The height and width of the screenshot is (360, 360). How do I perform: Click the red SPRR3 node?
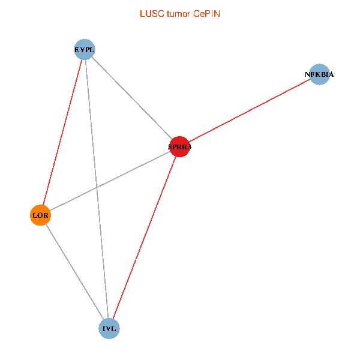(x=179, y=146)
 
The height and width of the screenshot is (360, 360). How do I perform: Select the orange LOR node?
(x=40, y=215)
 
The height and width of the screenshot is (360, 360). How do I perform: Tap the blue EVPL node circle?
(x=85, y=49)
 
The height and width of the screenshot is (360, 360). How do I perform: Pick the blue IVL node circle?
(x=109, y=328)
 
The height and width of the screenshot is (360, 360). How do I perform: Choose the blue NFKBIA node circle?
(x=319, y=74)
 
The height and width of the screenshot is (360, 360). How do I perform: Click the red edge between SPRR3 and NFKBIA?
(x=249, y=110)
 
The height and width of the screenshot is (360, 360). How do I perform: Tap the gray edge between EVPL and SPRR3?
(x=132, y=98)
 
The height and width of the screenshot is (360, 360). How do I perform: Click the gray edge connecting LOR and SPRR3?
(x=110, y=181)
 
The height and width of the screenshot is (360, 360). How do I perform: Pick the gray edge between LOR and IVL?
(x=75, y=272)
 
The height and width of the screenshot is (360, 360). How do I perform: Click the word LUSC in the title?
(x=149, y=13)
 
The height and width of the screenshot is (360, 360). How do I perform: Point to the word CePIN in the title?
(x=206, y=13)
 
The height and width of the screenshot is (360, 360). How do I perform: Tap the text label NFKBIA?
(x=319, y=74)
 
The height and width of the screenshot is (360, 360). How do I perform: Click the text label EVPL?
(x=85, y=49)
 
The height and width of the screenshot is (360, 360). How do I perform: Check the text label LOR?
(x=40, y=215)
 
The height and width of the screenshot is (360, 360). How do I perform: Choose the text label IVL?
(x=109, y=328)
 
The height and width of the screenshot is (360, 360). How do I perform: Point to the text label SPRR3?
(x=179, y=146)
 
